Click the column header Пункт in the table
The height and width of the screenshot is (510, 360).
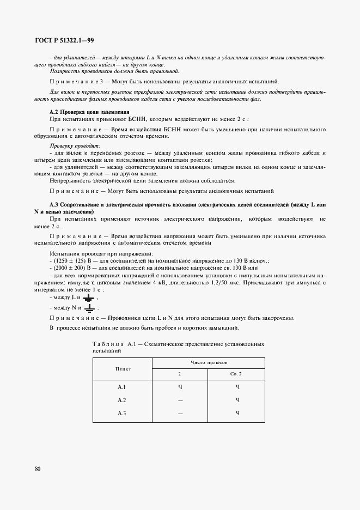123,368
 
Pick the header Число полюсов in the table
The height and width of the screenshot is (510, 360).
208,362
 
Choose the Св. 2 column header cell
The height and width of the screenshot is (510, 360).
237,374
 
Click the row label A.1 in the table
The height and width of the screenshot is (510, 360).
122,387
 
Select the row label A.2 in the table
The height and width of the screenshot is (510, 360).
122,400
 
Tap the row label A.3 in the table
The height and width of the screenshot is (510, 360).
122,413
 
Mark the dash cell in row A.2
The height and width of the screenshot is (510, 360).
180,400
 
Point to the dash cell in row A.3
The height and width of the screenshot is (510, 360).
180,414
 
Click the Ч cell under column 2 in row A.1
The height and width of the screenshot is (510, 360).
180,387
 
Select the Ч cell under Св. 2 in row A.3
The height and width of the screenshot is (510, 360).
237,413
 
